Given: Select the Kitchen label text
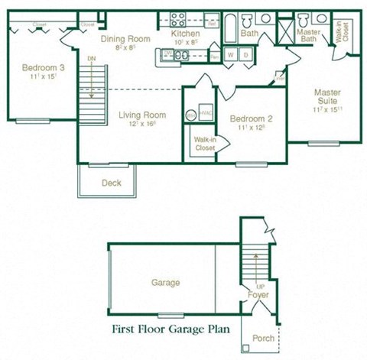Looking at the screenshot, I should pyautogui.click(x=185, y=34).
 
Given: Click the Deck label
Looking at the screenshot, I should pyautogui.click(x=111, y=183).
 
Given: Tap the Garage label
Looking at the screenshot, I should pyautogui.click(x=165, y=283).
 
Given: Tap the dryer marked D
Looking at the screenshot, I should pyautogui.click(x=245, y=55).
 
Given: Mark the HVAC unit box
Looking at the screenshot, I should pyautogui.click(x=205, y=113).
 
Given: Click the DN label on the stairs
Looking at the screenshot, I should pyautogui.click(x=92, y=59).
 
